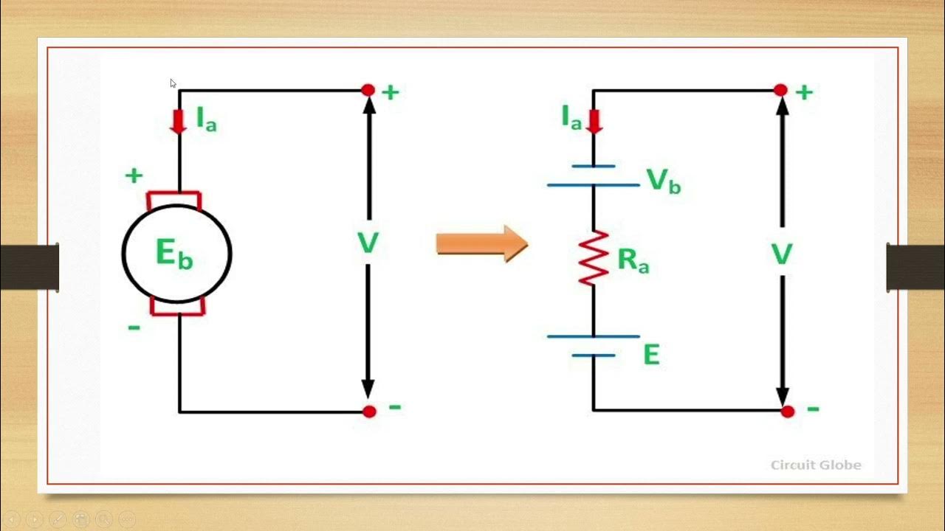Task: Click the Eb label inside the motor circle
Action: pos(175,254)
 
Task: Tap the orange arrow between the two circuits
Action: pos(481,243)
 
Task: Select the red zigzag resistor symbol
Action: pos(593,258)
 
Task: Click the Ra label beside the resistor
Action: pos(633,260)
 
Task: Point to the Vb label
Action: pos(663,181)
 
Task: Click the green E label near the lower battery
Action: pos(650,355)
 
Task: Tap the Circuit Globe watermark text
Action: pos(816,465)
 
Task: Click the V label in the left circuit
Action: pos(368,243)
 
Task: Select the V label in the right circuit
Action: pos(781,255)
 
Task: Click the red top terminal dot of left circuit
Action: pos(368,90)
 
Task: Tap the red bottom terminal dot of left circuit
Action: pos(369,412)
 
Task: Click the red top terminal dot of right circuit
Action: pos(780,90)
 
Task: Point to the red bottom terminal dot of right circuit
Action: pos(788,412)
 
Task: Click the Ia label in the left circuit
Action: pos(206,119)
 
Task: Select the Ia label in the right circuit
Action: pos(571,117)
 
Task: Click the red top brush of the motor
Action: pos(174,198)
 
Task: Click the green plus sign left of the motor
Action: pos(134,176)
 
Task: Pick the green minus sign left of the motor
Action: pos(134,327)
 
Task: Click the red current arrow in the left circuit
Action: pos(178,121)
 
